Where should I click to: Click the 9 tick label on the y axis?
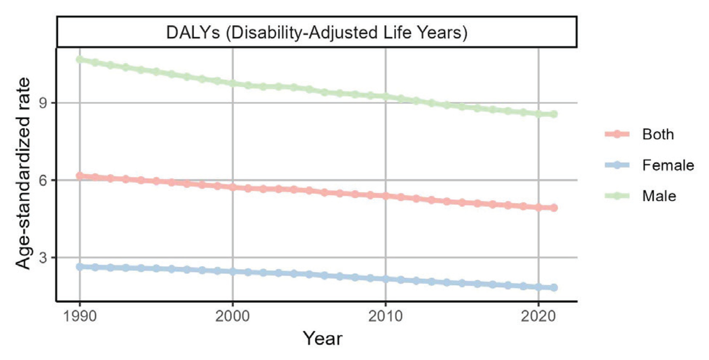coord(43,103)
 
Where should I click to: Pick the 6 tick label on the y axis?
coord(43,180)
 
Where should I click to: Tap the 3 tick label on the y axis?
coord(43,257)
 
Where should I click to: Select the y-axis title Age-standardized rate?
coord(23,174)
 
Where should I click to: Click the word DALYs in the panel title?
coord(193,32)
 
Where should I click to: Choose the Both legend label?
coord(658,134)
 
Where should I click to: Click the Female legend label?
coord(668,165)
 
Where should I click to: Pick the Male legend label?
coord(659,196)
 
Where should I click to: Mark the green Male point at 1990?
coord(80,60)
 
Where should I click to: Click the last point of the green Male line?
coord(554,114)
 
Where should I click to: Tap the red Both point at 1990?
coord(80,176)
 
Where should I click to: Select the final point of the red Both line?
coord(554,208)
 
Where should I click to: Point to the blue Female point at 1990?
coord(80,267)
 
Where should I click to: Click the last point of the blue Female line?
coord(554,288)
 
